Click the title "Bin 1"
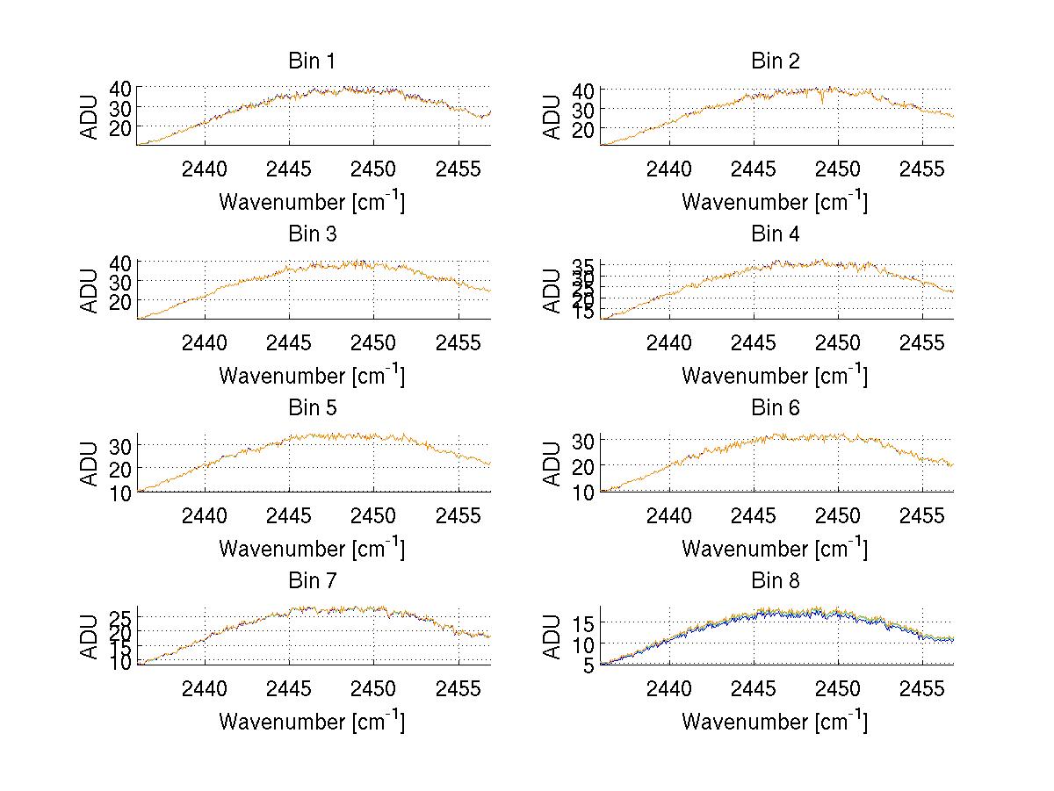(x=312, y=61)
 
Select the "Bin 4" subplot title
(x=775, y=234)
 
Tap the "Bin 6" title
(x=775, y=407)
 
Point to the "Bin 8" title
(x=775, y=581)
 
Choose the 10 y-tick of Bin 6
(x=583, y=492)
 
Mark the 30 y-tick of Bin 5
(x=120, y=446)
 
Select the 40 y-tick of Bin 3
(x=120, y=262)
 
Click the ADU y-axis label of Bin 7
(x=90, y=636)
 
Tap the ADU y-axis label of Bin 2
(x=552, y=116)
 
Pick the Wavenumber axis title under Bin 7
(x=312, y=723)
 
